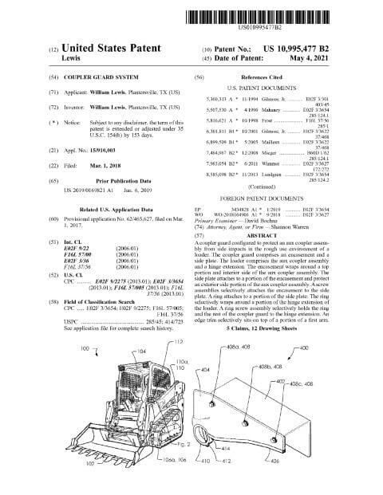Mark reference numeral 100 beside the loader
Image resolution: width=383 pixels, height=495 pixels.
click(x=85, y=371)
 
